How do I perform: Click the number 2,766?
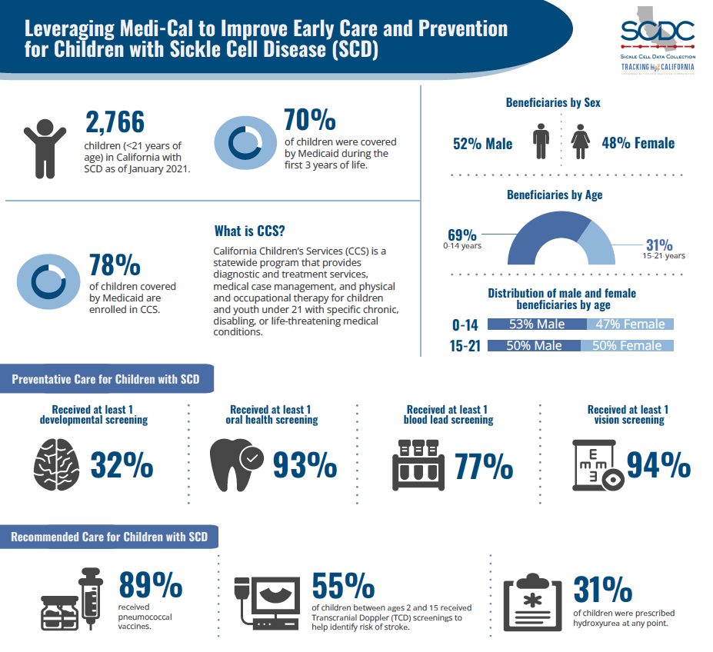coord(115,122)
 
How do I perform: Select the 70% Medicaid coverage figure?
coord(309,121)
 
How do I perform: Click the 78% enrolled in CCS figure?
coord(115,265)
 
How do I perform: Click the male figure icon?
coord(542,143)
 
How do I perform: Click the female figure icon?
coord(581,143)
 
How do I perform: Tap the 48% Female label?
coord(638,143)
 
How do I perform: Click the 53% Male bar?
coord(536,324)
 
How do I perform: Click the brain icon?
coord(56,466)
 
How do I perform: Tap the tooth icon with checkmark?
coord(235,463)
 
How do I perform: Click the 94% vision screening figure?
coord(658,464)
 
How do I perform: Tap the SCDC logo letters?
coord(657,32)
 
